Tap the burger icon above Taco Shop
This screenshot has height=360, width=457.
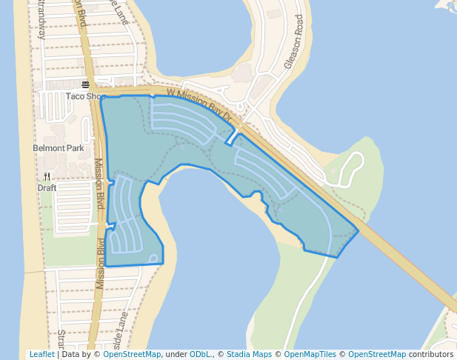click(86, 84)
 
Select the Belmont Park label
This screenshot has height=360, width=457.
click(59, 148)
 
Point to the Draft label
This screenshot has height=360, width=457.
click(47, 187)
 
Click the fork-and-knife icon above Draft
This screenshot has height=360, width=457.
click(47, 176)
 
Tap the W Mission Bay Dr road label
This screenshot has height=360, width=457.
click(200, 104)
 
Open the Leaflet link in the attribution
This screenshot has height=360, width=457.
click(42, 355)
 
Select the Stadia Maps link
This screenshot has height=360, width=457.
click(249, 355)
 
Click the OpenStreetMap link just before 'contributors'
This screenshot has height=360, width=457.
click(377, 355)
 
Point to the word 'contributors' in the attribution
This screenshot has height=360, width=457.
click(431, 355)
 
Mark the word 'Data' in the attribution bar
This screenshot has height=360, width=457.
click(71, 355)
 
